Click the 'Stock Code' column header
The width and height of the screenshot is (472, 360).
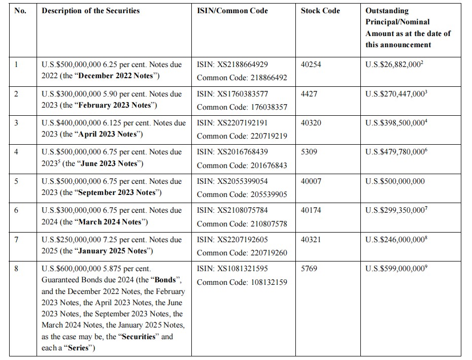(x=320, y=11)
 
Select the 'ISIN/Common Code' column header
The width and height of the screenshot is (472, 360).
(x=232, y=11)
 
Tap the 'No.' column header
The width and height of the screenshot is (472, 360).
(x=20, y=11)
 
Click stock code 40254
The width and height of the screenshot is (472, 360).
(x=311, y=65)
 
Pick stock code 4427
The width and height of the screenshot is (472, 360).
(x=309, y=94)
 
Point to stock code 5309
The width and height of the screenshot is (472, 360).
(x=309, y=152)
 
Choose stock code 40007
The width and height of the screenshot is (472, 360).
(x=311, y=181)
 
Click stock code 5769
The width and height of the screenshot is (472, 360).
(x=309, y=269)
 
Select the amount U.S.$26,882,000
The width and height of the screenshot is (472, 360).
(x=393, y=65)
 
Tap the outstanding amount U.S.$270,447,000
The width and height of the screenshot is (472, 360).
(x=395, y=94)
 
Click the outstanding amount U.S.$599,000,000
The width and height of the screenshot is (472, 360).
(x=395, y=269)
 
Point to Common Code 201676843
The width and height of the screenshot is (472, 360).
(x=242, y=166)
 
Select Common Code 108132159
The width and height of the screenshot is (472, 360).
(x=242, y=282)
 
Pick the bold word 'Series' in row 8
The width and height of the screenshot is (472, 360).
(x=77, y=348)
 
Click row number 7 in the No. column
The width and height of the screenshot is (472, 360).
(x=16, y=240)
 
